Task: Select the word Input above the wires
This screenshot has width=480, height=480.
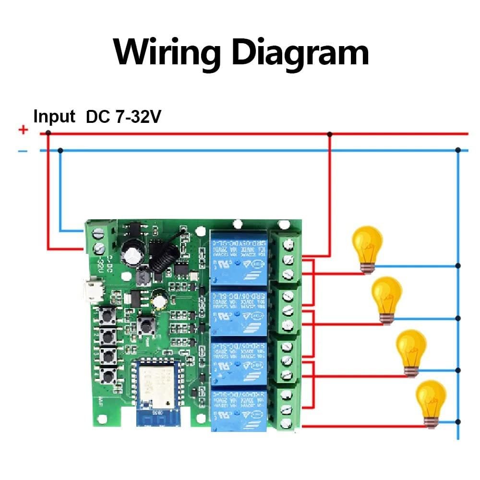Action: tap(54, 117)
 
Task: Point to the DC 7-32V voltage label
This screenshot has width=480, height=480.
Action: tap(123, 117)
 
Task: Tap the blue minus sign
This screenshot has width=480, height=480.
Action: tap(23, 152)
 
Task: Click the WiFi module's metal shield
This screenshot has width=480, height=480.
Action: tap(156, 384)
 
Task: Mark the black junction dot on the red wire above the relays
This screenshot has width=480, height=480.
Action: tap(329, 134)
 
